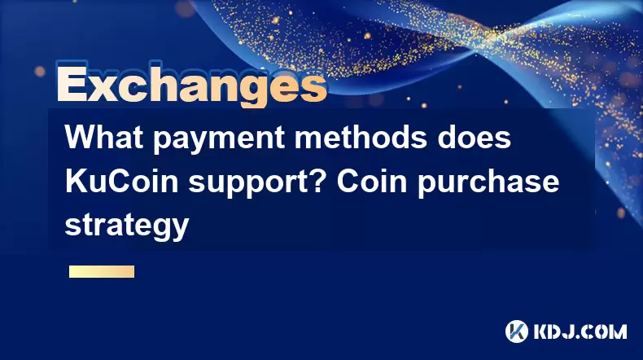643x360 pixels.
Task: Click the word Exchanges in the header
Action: tap(191, 86)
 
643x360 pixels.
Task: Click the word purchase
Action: tap(488, 183)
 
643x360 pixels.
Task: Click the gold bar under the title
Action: tap(102, 272)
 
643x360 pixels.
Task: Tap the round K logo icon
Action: tap(516, 331)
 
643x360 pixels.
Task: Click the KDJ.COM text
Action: tap(580, 331)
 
